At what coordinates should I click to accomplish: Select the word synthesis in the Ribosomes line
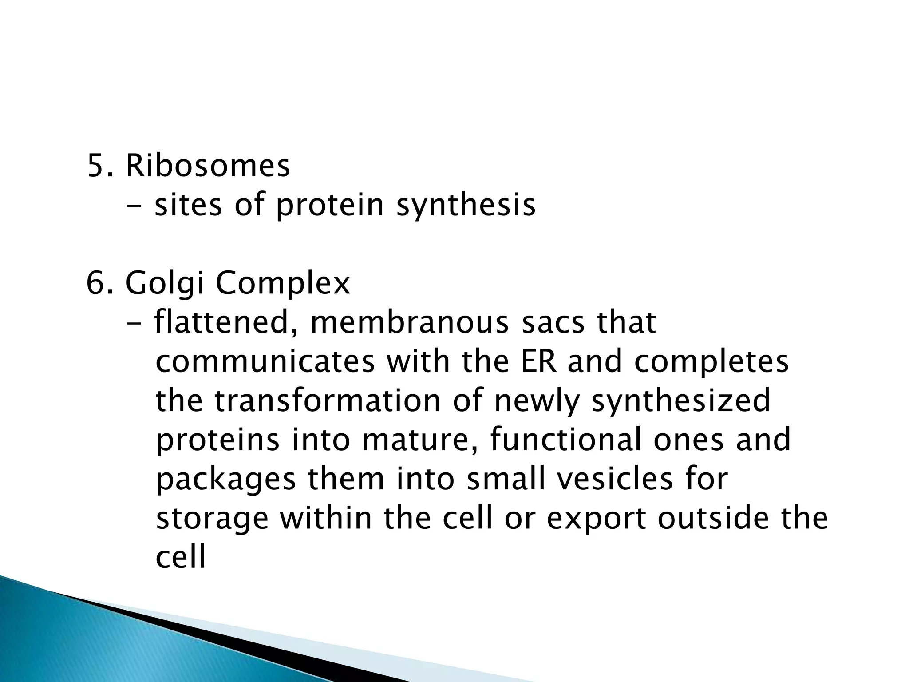pos(466,206)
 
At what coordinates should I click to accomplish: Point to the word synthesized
pos(681,401)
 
